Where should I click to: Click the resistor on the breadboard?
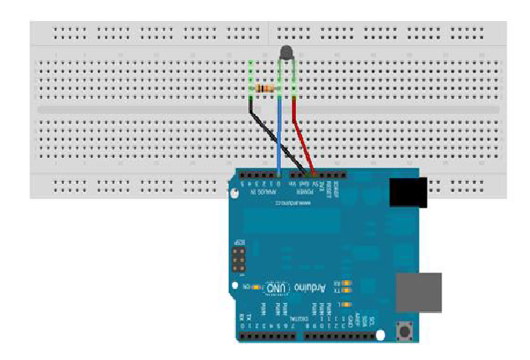(265, 88)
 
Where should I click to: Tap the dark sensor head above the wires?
(285, 53)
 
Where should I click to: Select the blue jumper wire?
(279, 143)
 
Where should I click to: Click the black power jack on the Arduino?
(408, 192)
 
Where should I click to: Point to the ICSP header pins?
(238, 263)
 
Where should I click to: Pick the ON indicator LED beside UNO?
(255, 288)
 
